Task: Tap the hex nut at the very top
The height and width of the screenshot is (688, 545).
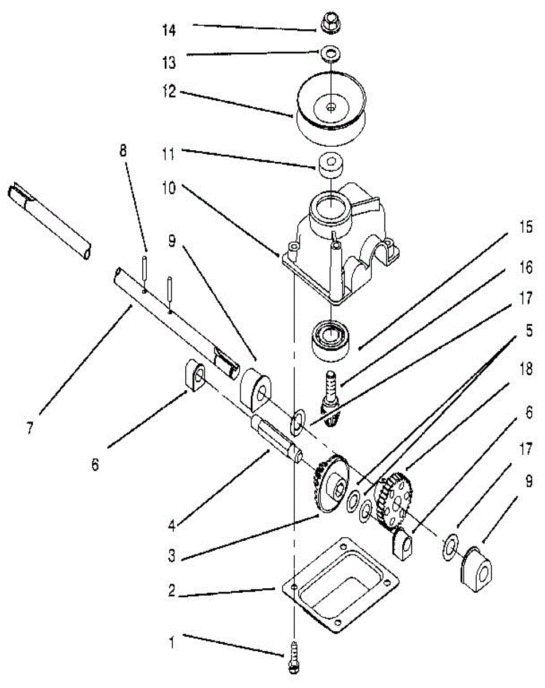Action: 330,24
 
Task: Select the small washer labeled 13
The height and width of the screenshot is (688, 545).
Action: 330,53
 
